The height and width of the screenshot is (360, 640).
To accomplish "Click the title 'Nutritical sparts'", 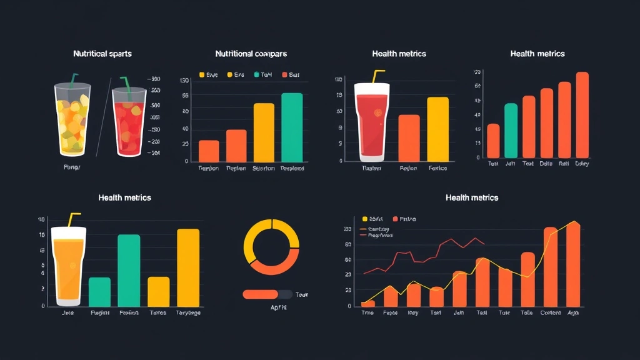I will click(x=102, y=54).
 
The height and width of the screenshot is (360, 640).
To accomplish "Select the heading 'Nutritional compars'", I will click(x=251, y=54).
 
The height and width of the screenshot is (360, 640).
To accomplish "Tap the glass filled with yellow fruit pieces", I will click(x=72, y=122).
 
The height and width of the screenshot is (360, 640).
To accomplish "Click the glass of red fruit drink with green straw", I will click(x=128, y=124).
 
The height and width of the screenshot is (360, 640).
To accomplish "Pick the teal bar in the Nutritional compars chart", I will click(x=292, y=127).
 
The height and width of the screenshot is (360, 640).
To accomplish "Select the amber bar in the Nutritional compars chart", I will click(x=264, y=132).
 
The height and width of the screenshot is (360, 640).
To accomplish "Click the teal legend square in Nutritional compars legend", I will click(x=256, y=74).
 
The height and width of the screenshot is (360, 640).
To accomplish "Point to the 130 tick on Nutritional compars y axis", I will click(x=184, y=81).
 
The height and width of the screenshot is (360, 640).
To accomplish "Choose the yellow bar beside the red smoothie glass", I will click(x=437, y=129).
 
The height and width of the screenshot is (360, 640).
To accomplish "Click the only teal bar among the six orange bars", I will click(x=511, y=131).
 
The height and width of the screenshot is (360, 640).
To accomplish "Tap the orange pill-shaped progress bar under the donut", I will click(x=261, y=294).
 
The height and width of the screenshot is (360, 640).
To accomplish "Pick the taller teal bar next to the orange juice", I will click(x=129, y=270).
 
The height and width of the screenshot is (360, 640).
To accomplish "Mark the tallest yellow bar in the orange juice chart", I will click(x=188, y=267).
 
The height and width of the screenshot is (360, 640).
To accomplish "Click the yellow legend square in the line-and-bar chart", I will click(x=365, y=219).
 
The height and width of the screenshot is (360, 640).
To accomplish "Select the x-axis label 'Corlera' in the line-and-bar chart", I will click(x=550, y=312).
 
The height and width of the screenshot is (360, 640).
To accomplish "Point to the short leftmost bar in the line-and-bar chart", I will click(x=368, y=304).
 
